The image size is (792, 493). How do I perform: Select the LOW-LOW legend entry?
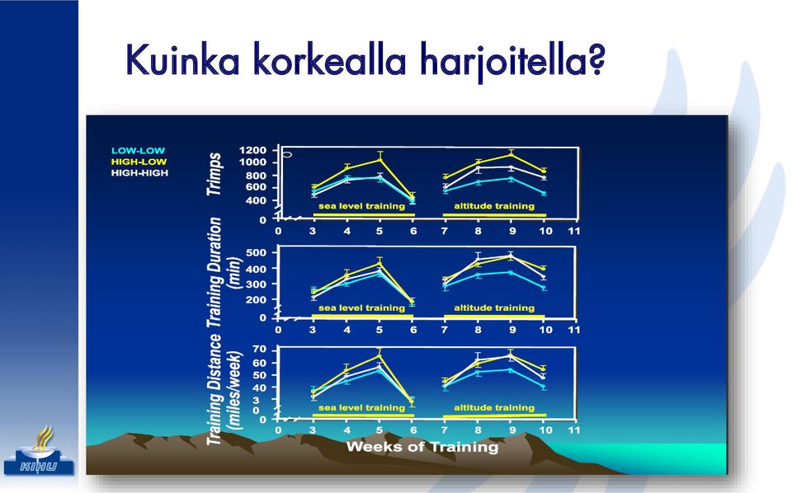coord(138,150)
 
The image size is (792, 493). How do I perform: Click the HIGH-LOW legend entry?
coord(139,162)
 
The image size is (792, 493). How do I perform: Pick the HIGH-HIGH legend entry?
coord(139,172)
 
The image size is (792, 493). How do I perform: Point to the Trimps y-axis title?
coord(214,174)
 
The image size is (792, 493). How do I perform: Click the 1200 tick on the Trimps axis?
coord(252,150)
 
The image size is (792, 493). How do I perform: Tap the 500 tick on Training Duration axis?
coord(256,253)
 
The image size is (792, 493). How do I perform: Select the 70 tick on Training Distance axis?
coord(259,350)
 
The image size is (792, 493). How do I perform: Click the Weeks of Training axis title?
coord(422,447)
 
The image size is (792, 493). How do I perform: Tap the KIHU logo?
coord(39,452)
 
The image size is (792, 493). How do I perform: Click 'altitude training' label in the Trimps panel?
coord(494,206)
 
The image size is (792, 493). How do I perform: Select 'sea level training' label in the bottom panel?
coord(361,408)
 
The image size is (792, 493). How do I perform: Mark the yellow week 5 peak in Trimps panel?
coord(379,160)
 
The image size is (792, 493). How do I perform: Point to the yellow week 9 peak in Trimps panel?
coord(511,154)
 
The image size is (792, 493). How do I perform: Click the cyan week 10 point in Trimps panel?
coord(544,193)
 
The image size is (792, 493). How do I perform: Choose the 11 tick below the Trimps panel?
coord(574,231)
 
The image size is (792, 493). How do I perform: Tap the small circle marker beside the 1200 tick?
coord(287,154)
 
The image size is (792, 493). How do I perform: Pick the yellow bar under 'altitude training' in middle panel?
coord(494,317)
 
